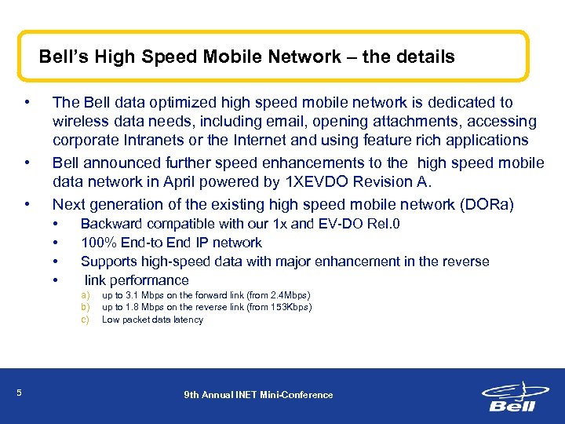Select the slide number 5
(x=19, y=393)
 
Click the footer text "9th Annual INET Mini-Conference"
(x=258, y=394)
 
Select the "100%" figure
(x=96, y=243)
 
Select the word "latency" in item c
(x=187, y=320)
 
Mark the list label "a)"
(x=86, y=294)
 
